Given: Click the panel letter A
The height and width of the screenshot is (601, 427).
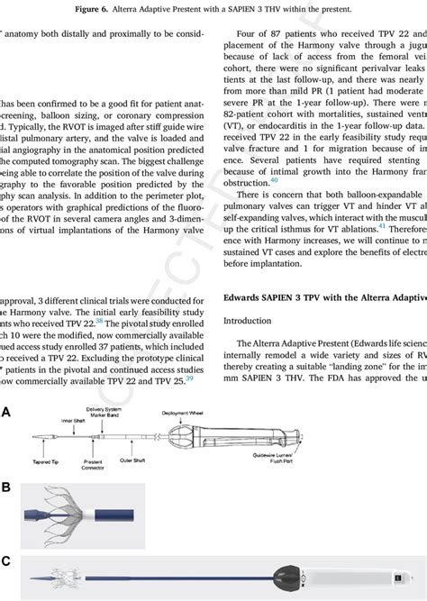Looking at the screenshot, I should tap(6, 411).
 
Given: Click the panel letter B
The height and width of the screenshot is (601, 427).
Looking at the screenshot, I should tap(6, 487).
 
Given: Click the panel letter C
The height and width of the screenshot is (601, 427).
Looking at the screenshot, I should tap(6, 560).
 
